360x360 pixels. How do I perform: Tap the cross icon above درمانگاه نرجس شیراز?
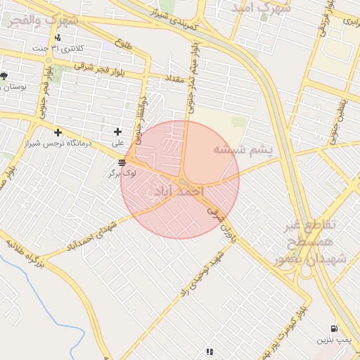tap(58, 132)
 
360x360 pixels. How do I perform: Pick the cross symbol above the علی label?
tap(117, 131)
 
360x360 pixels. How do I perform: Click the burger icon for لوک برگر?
tap(122, 162)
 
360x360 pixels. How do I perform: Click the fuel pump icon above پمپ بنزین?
tap(333, 328)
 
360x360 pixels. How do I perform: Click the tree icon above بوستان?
tap(4, 76)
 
